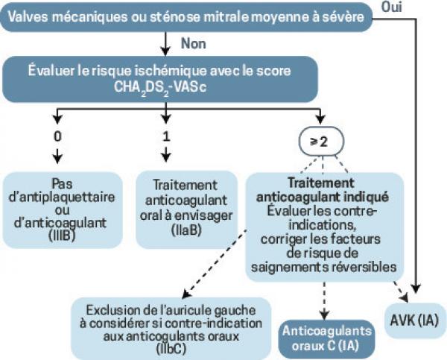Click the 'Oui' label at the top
click(392, 7)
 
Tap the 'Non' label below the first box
click(193, 44)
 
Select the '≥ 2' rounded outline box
click(321, 142)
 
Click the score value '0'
click(57, 136)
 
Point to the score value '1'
click(166, 136)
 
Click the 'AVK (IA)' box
click(414, 320)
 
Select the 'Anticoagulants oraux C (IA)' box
click(327, 339)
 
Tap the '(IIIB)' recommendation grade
click(62, 236)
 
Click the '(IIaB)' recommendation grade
click(187, 230)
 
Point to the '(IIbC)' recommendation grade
click(171, 349)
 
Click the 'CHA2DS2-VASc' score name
click(160, 87)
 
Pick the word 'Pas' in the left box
click(62, 183)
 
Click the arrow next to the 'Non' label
click(165, 44)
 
